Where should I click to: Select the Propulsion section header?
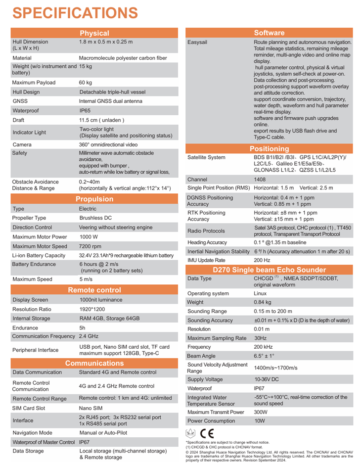click(x=94, y=199)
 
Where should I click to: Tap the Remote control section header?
click(x=94, y=290)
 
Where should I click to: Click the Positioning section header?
click(x=269, y=148)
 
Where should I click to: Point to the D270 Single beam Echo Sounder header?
click(x=269, y=270)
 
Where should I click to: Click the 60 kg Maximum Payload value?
click(x=87, y=83)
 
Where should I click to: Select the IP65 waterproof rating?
click(x=87, y=110)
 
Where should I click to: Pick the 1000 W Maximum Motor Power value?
click(x=90, y=236)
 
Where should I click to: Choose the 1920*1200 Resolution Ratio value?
click(x=94, y=309)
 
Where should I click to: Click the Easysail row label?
click(x=197, y=43)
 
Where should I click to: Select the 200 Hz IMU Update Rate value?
click(x=262, y=260)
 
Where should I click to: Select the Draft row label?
click(x=19, y=120)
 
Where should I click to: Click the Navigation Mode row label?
click(x=32, y=432)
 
